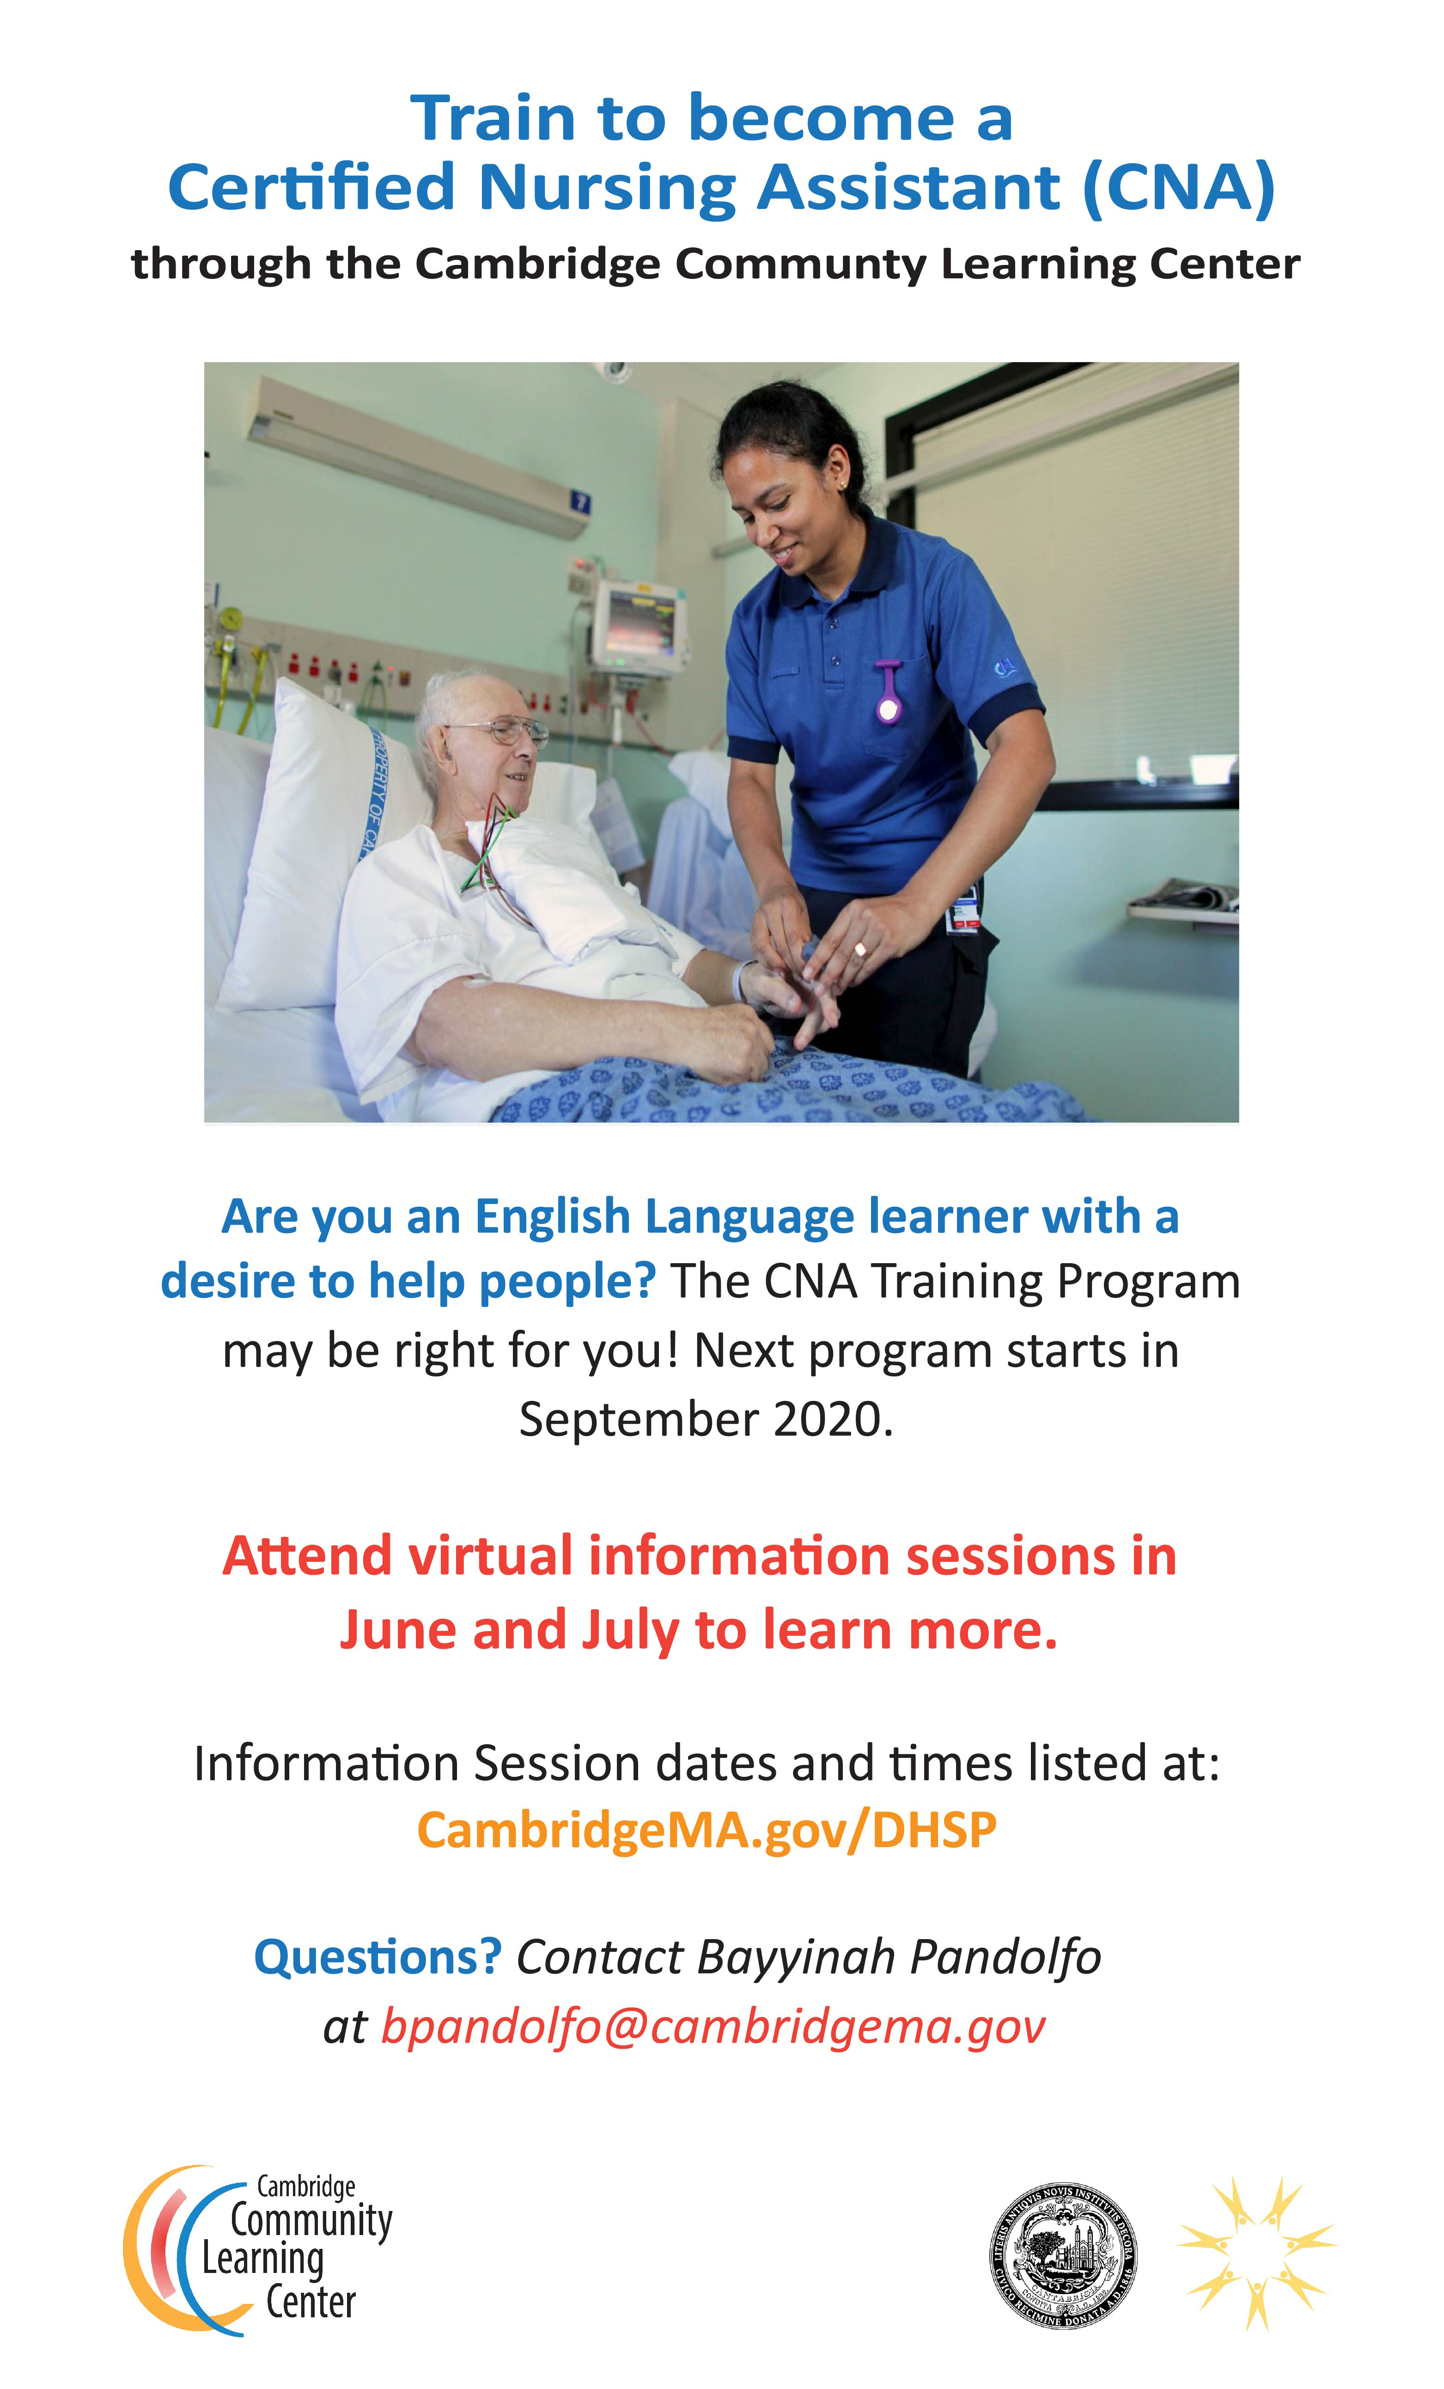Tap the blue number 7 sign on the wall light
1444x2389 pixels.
(579, 501)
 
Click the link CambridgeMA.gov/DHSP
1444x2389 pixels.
(707, 1830)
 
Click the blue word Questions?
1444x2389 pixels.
(377, 1957)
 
